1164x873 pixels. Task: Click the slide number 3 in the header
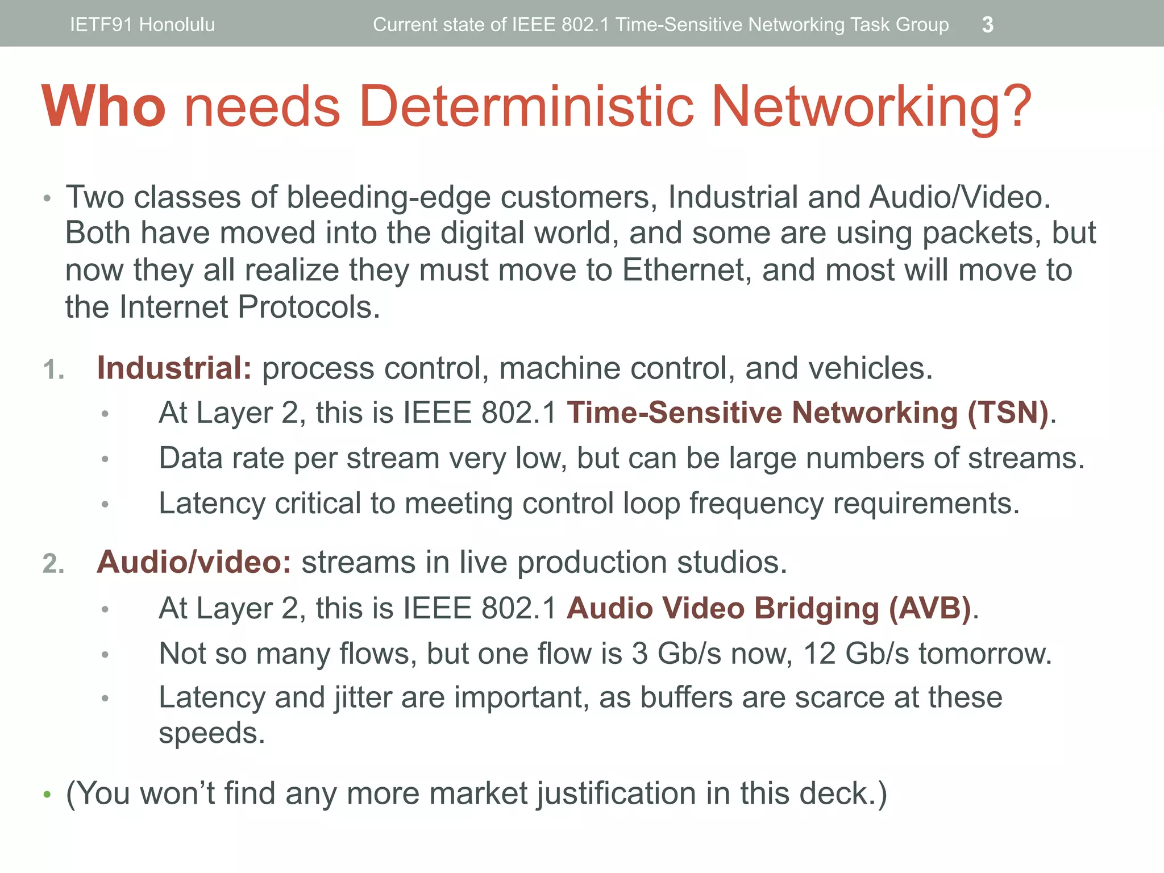[988, 24]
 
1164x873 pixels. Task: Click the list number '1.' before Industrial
[53, 370]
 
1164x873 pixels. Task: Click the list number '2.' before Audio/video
[53, 564]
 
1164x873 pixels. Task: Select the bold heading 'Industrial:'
[174, 368]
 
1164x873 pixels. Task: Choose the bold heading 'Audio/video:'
[194, 562]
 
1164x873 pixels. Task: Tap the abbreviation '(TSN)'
[1008, 413]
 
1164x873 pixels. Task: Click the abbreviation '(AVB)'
[930, 608]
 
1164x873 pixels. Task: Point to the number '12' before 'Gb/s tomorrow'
[819, 653]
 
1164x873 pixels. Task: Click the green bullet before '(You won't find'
[47, 795]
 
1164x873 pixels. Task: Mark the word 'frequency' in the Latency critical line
[756, 504]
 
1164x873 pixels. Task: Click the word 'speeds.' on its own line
[212, 733]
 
